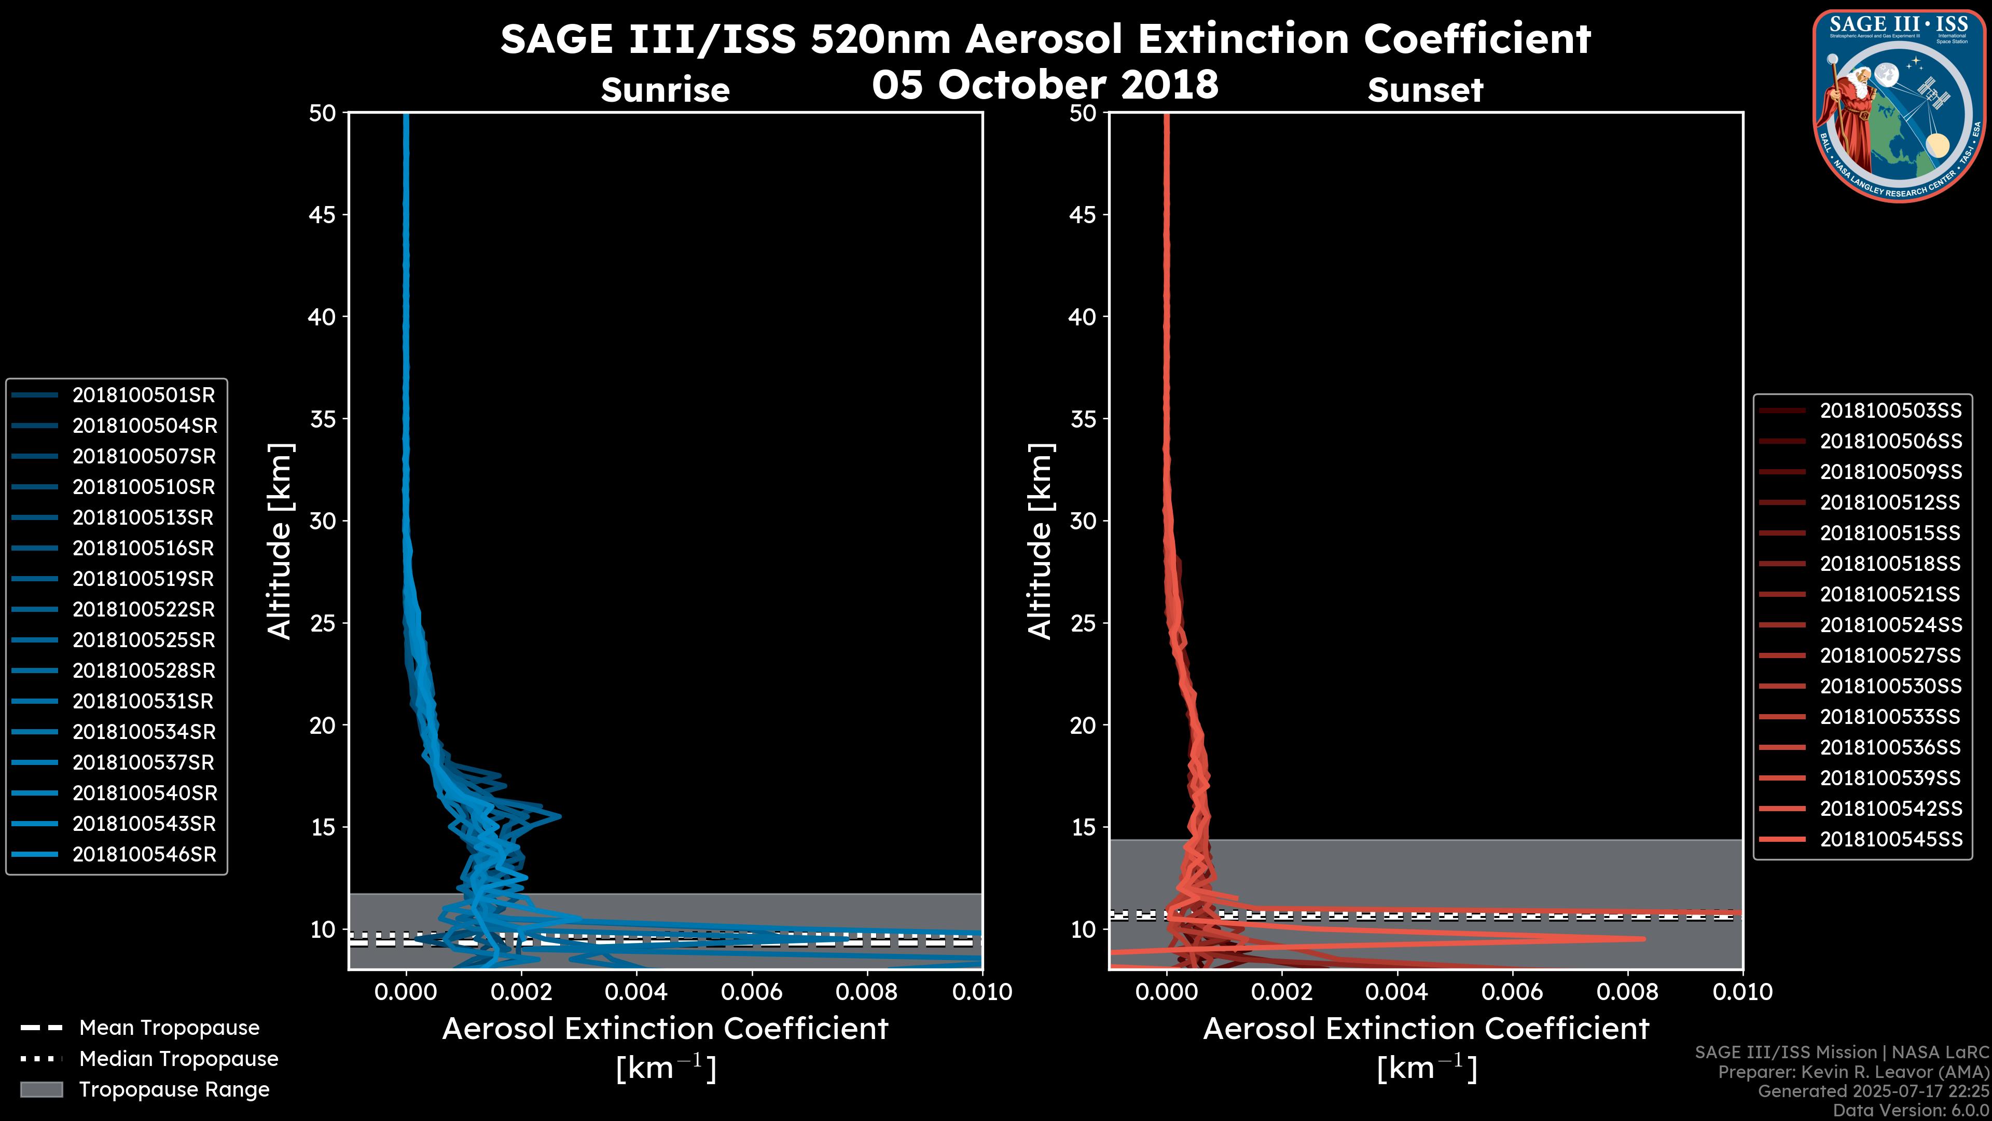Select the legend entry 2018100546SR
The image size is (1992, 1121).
click(x=144, y=855)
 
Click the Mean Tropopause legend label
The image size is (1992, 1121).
click(x=169, y=1028)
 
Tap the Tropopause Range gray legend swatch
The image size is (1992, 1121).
click(x=41, y=1090)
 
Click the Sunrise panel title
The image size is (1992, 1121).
click(x=665, y=90)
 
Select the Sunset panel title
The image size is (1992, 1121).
click(x=1425, y=90)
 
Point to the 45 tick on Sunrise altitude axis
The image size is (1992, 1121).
click(x=323, y=215)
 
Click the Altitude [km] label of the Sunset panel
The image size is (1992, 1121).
click(x=1041, y=541)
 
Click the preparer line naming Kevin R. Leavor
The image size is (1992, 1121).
click(x=1853, y=1072)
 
